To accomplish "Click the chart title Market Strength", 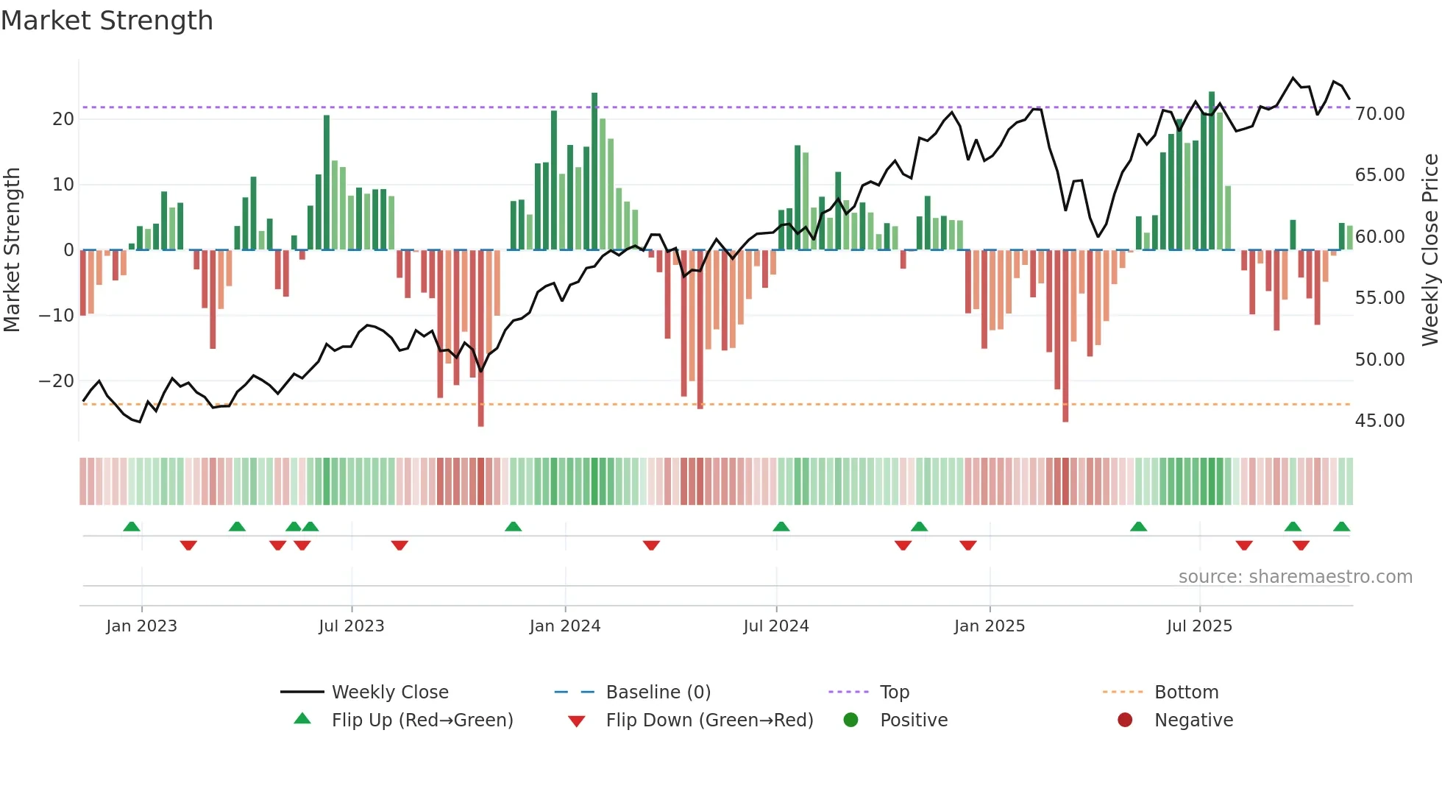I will point(107,21).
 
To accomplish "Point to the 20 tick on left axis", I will point(63,119).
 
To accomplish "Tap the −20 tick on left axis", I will point(57,381).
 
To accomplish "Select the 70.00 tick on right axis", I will point(1379,114).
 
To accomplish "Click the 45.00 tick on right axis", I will point(1379,421).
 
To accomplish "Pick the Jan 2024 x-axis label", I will point(564,626).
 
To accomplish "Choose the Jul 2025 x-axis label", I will point(1198,626).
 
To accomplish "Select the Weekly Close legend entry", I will point(389,693).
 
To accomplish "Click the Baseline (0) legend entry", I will point(658,693).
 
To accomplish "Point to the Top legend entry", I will point(894,693).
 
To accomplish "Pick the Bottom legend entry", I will point(1186,693).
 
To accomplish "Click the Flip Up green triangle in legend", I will point(302,719).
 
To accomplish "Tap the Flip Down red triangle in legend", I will point(577,721).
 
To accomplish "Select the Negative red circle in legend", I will point(1125,720).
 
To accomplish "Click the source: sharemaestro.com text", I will point(1295,577).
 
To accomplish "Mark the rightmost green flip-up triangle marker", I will point(1341,527).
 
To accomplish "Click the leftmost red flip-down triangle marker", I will point(188,545).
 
